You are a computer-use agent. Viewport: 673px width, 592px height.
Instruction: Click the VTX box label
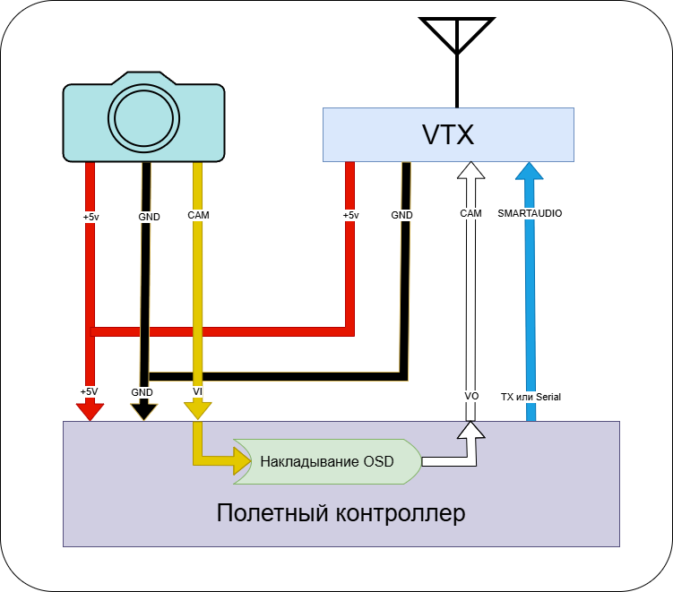(447, 134)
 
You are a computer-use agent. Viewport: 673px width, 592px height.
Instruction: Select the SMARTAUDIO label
(530, 214)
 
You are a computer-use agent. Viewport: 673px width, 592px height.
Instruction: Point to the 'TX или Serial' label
(531, 396)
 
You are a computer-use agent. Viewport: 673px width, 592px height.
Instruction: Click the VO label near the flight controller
(471, 396)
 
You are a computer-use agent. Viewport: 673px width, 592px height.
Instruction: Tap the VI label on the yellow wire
(197, 392)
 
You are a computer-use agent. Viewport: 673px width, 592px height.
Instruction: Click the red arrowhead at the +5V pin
(89, 410)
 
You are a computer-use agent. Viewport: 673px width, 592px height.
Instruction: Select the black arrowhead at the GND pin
(143, 410)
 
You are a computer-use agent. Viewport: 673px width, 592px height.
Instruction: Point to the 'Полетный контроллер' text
(341, 514)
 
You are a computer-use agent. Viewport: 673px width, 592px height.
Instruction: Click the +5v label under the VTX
(350, 215)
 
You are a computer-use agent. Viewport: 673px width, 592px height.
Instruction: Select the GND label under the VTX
(402, 215)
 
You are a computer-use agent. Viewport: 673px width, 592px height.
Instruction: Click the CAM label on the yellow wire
(198, 215)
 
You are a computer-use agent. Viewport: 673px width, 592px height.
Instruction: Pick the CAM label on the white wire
(470, 214)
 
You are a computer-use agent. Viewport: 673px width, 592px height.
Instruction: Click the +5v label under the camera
(90, 216)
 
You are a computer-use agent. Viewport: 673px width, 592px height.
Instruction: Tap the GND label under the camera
(149, 216)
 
